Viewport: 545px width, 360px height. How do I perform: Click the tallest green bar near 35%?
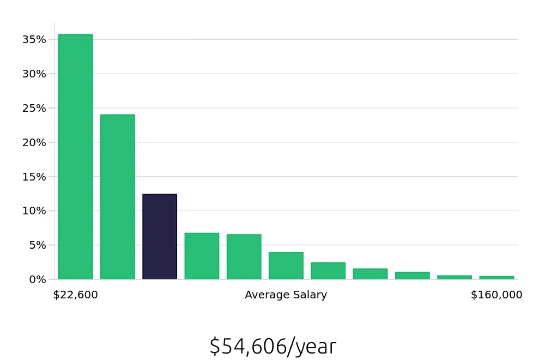pyautogui.click(x=75, y=157)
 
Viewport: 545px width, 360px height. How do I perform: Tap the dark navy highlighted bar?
pyautogui.click(x=160, y=236)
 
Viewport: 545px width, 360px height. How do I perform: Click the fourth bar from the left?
pyautogui.click(x=202, y=256)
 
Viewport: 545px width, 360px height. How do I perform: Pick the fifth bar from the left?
pyautogui.click(x=244, y=256)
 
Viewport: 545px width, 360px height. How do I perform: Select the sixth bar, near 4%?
pyautogui.click(x=286, y=266)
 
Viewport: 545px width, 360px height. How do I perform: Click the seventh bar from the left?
pyautogui.click(x=328, y=271)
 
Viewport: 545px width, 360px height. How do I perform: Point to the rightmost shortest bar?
pyautogui.click(x=496, y=277)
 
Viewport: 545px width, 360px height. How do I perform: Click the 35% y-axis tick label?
pyautogui.click(x=34, y=39)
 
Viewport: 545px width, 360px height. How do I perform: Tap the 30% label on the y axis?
pyautogui.click(x=34, y=74)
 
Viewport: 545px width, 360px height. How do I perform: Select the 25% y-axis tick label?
pyautogui.click(x=34, y=108)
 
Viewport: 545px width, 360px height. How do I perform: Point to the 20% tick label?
pyautogui.click(x=34, y=142)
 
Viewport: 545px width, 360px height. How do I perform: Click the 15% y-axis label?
pyautogui.click(x=34, y=177)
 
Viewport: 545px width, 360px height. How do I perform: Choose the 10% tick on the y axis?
pyautogui.click(x=34, y=211)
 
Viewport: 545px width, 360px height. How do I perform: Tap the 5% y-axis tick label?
pyautogui.click(x=37, y=245)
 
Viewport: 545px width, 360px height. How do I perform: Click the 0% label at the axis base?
pyautogui.click(x=37, y=279)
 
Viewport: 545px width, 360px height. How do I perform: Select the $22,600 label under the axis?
pyautogui.click(x=75, y=295)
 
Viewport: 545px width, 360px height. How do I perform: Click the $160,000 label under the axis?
pyautogui.click(x=496, y=295)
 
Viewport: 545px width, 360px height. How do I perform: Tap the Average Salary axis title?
pyautogui.click(x=286, y=295)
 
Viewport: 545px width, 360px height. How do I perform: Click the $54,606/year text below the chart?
pyautogui.click(x=272, y=346)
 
